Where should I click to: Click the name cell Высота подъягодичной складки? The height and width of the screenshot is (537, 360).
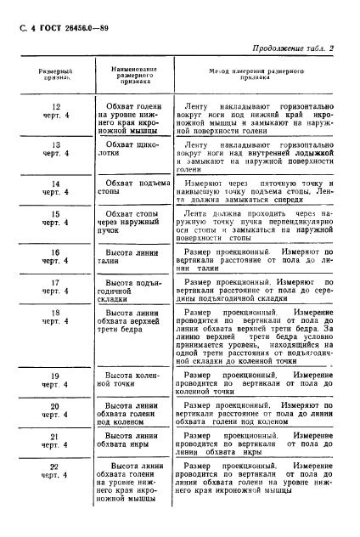pos(129,290)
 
